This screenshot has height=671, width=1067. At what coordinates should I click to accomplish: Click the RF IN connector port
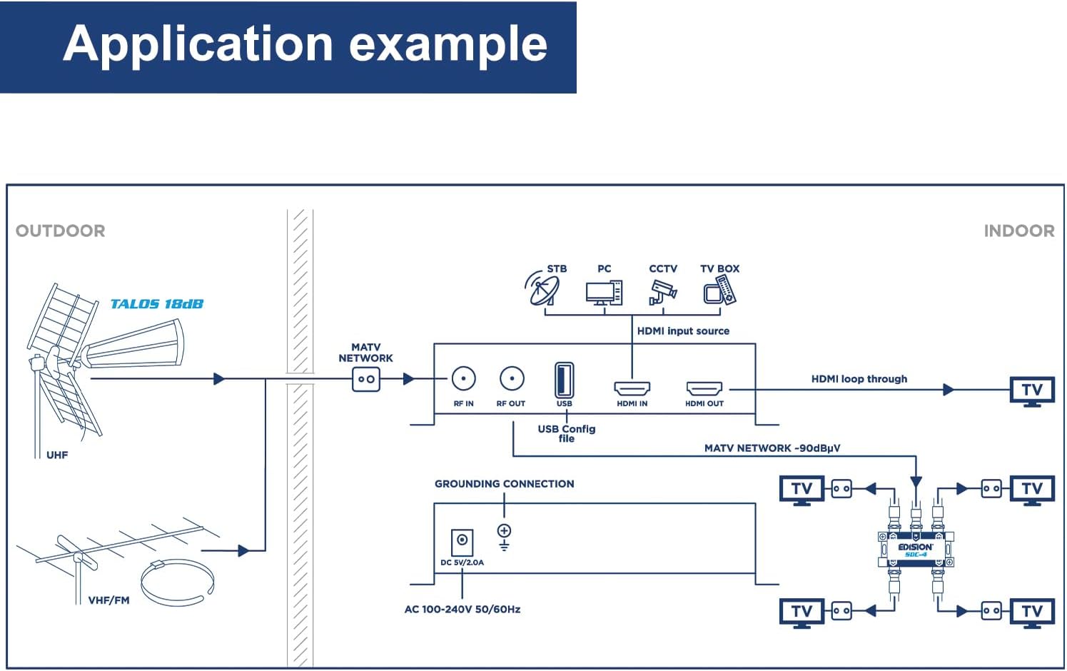coord(464,378)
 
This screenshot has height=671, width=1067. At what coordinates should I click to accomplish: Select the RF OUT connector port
coord(512,378)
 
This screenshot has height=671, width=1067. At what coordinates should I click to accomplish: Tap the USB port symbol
coord(564,380)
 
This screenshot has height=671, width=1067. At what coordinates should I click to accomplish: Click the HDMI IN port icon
coord(632,388)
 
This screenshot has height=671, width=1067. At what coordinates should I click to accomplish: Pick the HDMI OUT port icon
coord(704,388)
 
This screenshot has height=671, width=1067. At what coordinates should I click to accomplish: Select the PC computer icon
coord(604,292)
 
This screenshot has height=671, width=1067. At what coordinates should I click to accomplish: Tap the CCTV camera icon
coord(662,291)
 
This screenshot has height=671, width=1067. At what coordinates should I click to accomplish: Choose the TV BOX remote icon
coord(719,291)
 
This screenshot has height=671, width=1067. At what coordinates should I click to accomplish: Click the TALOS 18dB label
coord(157,304)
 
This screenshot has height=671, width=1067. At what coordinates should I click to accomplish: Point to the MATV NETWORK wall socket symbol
coord(366,379)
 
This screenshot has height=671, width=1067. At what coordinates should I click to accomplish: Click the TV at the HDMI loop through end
coord(1032,390)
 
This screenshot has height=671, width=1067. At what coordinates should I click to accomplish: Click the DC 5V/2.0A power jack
coord(462,542)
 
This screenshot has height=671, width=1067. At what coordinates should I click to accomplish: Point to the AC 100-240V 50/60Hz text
coord(462,609)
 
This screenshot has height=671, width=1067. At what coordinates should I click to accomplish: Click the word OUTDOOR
coord(61,231)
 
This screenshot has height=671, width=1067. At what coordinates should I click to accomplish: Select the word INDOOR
coord(1018,231)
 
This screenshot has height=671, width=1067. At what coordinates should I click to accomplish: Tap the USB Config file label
coord(567,433)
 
